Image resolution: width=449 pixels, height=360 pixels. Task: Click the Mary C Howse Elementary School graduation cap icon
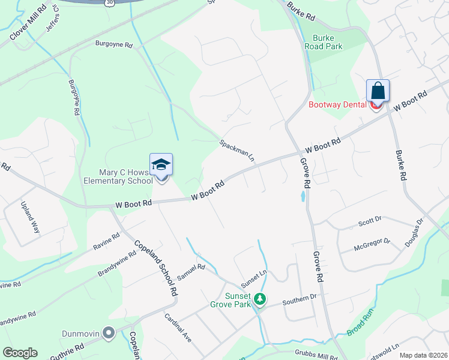161,165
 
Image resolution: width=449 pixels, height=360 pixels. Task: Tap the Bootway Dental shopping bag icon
378,91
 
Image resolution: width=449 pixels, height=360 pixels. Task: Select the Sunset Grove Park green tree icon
260,298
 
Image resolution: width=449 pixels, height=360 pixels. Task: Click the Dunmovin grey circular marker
109,332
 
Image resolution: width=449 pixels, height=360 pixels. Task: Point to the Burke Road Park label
324,41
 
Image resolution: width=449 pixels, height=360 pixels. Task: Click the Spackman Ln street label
237,151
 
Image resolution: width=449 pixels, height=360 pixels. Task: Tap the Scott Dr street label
370,221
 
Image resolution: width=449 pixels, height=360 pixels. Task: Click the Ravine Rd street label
106,241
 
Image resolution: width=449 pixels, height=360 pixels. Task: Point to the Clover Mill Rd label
28,24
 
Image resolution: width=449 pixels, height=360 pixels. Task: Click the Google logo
20,353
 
